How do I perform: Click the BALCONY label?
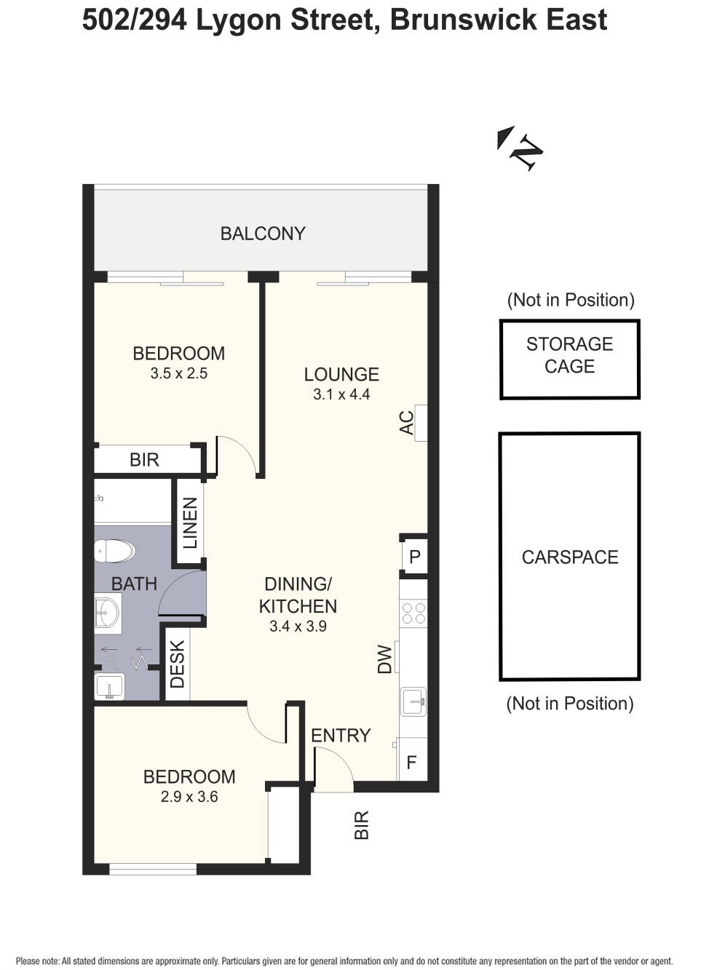[x=263, y=234]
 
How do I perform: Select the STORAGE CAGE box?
[x=569, y=359]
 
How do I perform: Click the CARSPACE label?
[x=570, y=557]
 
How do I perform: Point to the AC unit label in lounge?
[x=408, y=423]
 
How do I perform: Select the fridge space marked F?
[x=412, y=763]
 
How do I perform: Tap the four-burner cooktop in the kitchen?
[x=413, y=613]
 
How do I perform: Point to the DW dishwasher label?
[x=385, y=659]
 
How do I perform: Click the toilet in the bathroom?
[x=116, y=550]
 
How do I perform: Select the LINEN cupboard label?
[x=190, y=522]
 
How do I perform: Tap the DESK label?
[x=178, y=664]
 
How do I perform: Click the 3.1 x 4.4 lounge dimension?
[x=341, y=394]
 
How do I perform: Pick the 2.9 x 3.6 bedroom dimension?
[x=189, y=797]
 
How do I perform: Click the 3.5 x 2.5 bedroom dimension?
[x=178, y=373]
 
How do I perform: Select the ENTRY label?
[x=341, y=736]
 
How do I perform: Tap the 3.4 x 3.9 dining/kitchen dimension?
[x=298, y=627]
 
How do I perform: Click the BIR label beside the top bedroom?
[x=144, y=460]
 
